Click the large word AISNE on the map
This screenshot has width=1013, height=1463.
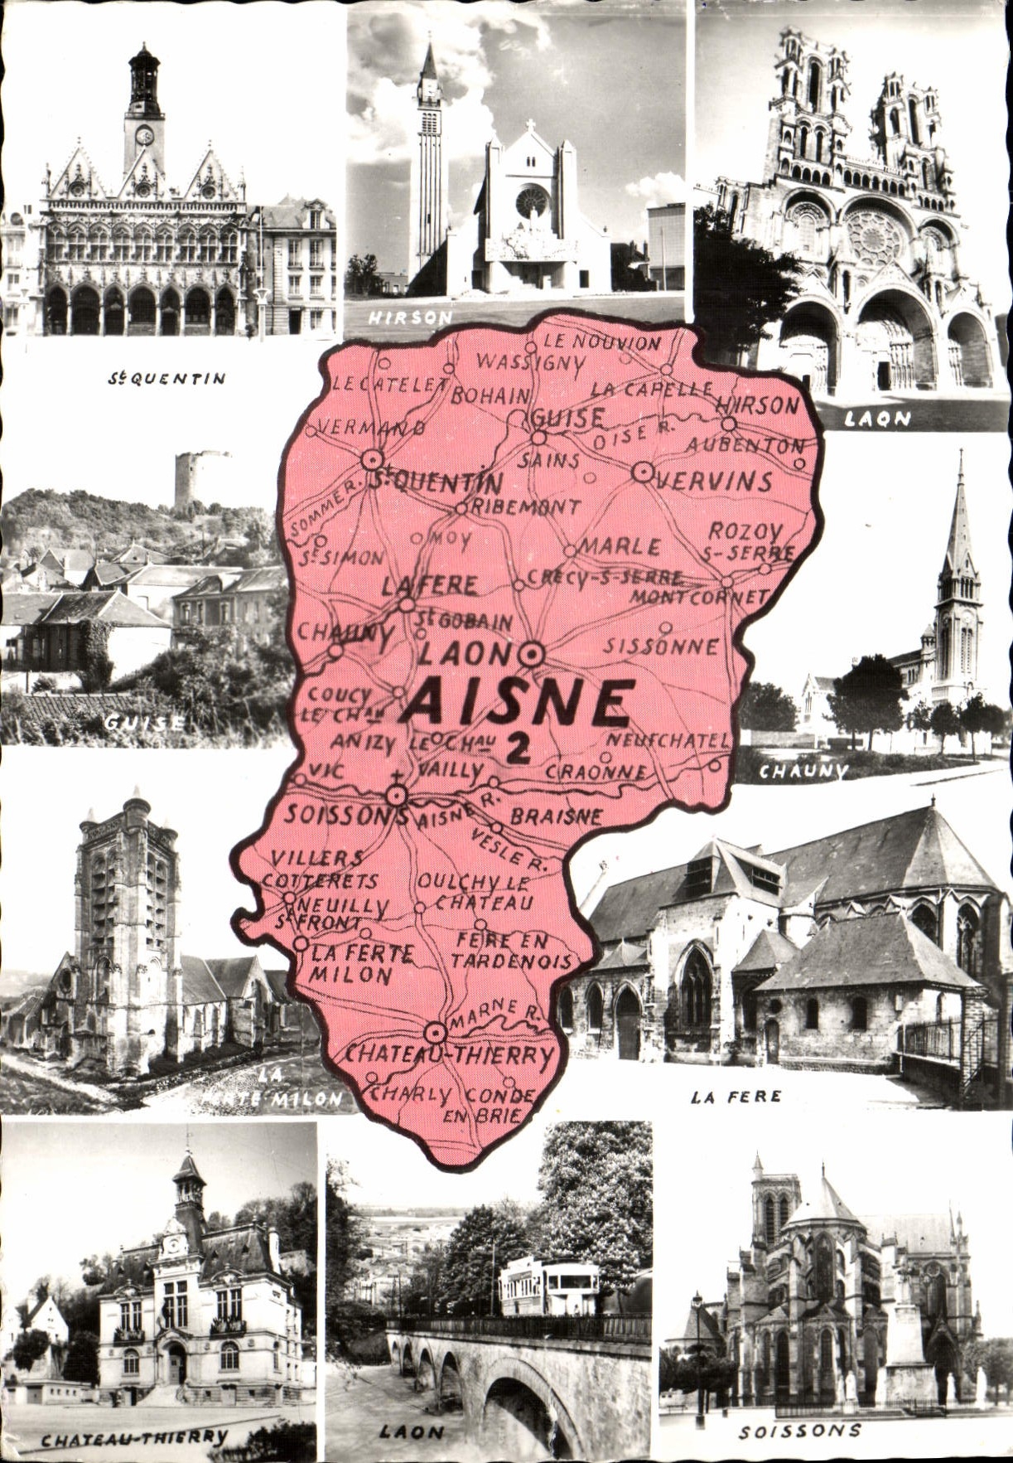click(x=518, y=703)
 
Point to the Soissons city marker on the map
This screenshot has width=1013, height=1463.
click(x=398, y=797)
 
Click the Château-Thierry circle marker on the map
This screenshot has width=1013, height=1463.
click(x=435, y=1033)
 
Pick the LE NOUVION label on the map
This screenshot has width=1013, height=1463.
click(x=602, y=341)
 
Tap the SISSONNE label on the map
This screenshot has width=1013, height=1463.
click(x=660, y=646)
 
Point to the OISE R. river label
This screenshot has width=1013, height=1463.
click(x=634, y=434)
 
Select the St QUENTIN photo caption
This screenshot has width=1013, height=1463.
click(x=166, y=379)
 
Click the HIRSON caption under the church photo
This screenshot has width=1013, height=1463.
click(x=411, y=317)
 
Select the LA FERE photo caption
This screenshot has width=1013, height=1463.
click(x=736, y=1097)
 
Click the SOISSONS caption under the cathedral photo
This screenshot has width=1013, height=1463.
click(x=799, y=1431)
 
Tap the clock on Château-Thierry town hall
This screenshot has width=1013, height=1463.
click(x=174, y=1243)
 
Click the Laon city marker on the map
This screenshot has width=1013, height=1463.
click(x=532, y=655)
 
